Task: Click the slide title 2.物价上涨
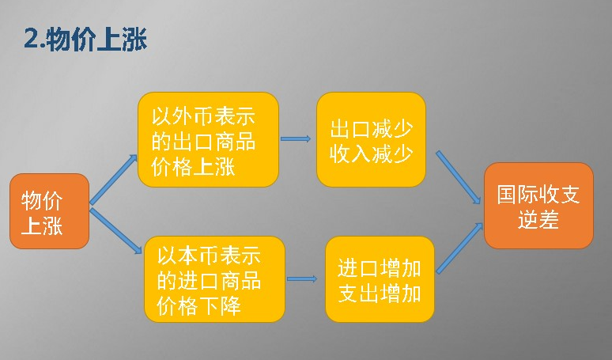[85, 40]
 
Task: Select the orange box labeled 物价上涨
[50, 211]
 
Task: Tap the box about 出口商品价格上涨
[208, 139]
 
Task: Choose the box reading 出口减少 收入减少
[371, 139]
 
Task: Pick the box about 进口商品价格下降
[214, 279]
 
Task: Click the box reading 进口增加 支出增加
[380, 279]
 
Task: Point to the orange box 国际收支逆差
[538, 206]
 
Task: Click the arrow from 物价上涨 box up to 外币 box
[114, 180]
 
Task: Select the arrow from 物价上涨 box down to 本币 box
[115, 231]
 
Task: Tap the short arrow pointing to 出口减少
[296, 138]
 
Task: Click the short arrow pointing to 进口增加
[302, 279]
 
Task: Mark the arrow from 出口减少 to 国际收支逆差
[459, 177]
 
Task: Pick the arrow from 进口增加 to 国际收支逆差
[459, 248]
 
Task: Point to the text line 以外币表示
[203, 116]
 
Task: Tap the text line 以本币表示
[209, 256]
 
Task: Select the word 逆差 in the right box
[538, 219]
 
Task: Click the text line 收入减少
[371, 153]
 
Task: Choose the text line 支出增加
[380, 293]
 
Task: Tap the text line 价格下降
[198, 305]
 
